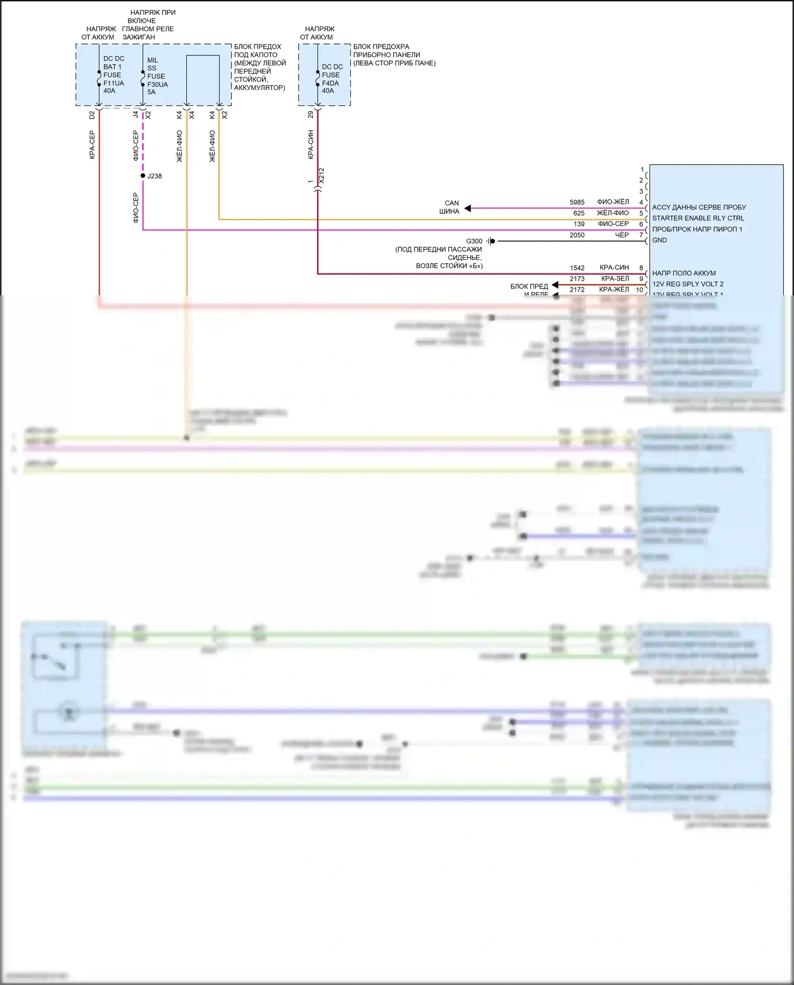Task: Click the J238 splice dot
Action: pyautogui.click(x=143, y=176)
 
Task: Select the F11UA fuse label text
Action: pyautogui.click(x=113, y=83)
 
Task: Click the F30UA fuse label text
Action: pyautogui.click(x=157, y=84)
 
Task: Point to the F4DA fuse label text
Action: pyautogui.click(x=330, y=83)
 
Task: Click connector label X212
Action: pyautogui.click(x=321, y=176)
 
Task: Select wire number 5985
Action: pyautogui.click(x=577, y=202)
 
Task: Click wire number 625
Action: pyautogui.click(x=579, y=213)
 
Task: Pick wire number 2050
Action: pyautogui.click(x=577, y=235)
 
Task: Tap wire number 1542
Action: pyautogui.click(x=577, y=268)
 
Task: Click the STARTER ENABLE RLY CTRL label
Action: pyautogui.click(x=698, y=218)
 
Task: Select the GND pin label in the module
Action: pyautogui.click(x=659, y=240)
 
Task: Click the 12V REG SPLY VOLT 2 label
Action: pyautogui.click(x=687, y=284)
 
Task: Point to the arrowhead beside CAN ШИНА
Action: pyautogui.click(x=468, y=209)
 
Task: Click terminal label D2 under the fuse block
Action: pyautogui.click(x=92, y=114)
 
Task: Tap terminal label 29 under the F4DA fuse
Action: pyautogui.click(x=311, y=114)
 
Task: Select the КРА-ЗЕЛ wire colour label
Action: pyautogui.click(x=615, y=279)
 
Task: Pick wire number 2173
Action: pyautogui.click(x=577, y=279)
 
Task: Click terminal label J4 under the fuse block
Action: pyautogui.click(x=136, y=114)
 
